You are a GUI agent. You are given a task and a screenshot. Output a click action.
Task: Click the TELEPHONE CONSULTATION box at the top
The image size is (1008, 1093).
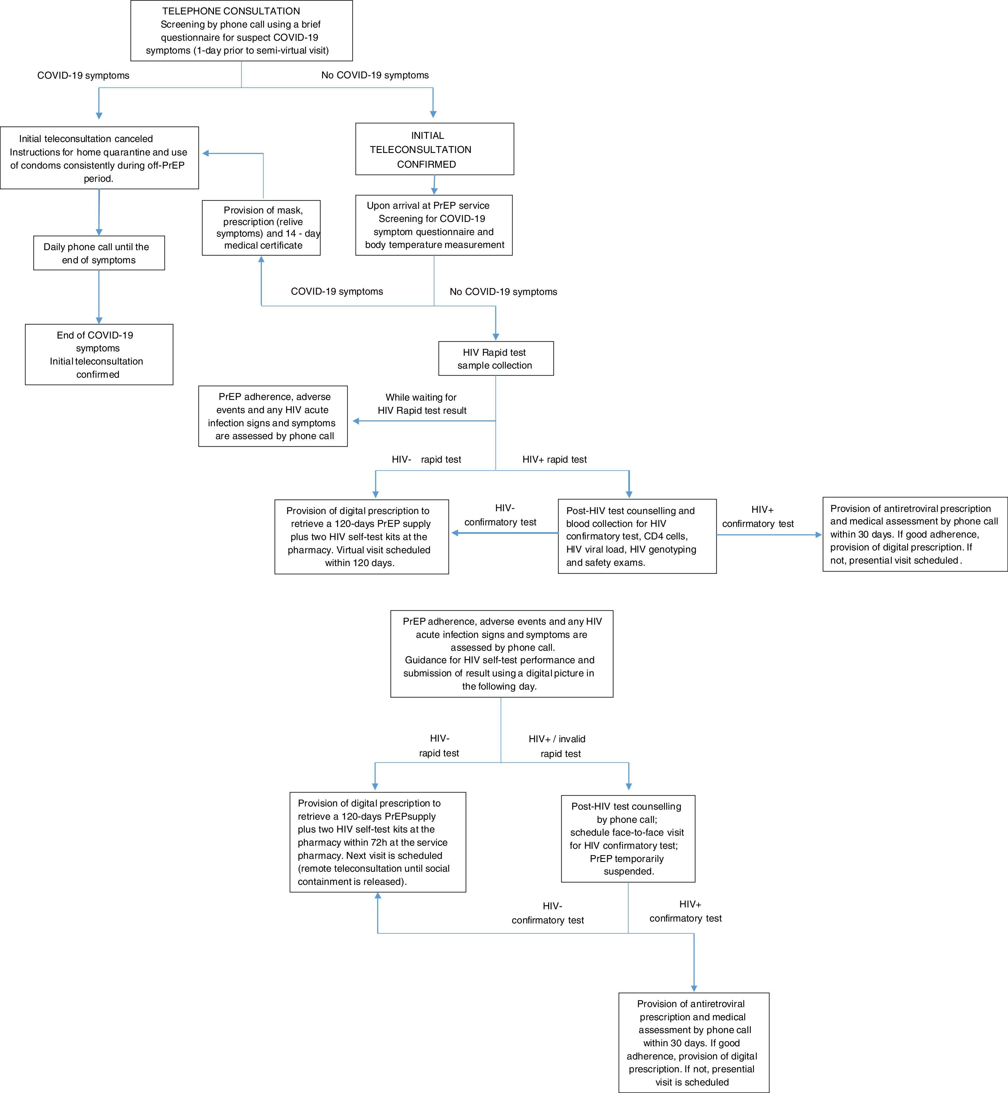pos(241,30)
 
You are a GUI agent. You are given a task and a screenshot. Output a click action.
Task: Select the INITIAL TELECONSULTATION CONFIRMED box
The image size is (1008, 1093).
pos(434,149)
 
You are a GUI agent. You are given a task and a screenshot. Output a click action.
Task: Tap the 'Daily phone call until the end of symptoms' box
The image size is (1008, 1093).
pos(99,253)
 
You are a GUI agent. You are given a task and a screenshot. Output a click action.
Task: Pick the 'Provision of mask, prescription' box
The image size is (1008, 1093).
pos(261,228)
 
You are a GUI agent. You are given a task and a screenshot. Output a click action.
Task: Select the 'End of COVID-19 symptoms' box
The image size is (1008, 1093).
pos(99,355)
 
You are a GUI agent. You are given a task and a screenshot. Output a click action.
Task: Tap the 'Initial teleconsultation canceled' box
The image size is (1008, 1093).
pos(99,158)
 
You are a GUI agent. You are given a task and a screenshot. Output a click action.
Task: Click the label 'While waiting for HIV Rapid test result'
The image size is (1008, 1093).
pos(422,404)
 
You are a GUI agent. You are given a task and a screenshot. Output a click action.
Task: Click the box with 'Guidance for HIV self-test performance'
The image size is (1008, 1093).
pos(501,654)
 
